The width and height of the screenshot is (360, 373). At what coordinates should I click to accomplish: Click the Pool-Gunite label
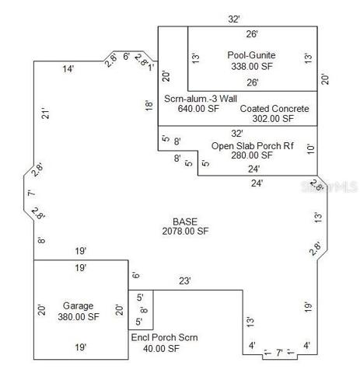(x=251, y=55)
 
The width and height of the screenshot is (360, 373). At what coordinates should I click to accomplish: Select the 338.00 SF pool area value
(x=252, y=66)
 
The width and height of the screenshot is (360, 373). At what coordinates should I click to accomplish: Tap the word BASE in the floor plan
(x=185, y=221)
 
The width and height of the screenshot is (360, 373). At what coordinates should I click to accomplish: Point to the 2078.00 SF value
(x=185, y=231)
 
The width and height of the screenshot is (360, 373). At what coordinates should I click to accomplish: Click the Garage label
(x=78, y=306)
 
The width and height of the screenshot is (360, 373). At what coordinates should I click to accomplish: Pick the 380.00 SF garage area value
(x=79, y=317)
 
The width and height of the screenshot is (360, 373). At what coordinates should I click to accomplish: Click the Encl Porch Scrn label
(x=164, y=337)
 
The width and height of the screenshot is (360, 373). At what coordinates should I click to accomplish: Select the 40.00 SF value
(x=161, y=349)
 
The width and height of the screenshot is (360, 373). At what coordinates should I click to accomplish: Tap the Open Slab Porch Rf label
(x=253, y=146)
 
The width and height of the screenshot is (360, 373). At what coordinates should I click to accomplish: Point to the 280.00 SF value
(x=252, y=155)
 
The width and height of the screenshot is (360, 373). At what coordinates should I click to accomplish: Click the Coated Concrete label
(x=274, y=109)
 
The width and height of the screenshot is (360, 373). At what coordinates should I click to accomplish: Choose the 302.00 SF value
(x=273, y=119)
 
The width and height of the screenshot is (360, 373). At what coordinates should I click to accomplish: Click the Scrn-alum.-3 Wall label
(x=201, y=99)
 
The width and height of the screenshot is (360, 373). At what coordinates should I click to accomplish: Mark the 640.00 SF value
(x=198, y=109)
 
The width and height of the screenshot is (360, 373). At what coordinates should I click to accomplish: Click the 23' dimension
(x=185, y=281)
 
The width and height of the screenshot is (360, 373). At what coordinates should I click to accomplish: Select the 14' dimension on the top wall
(x=68, y=69)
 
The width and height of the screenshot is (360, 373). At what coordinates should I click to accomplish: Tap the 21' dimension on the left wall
(x=45, y=113)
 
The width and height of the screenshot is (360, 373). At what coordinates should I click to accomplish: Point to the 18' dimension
(x=149, y=106)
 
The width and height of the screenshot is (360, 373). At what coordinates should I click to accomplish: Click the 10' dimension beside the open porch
(x=310, y=149)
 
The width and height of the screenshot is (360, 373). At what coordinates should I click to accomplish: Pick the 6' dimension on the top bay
(x=126, y=56)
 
